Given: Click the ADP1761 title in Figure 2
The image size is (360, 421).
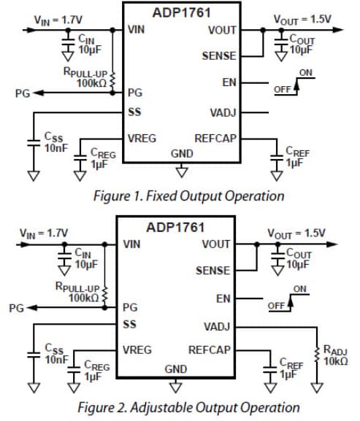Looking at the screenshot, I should [175, 227].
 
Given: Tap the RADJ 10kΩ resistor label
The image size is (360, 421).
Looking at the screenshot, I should [335, 355].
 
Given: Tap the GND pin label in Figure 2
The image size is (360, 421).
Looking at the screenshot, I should [175, 369].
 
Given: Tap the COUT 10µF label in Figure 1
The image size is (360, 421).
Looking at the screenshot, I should [301, 45].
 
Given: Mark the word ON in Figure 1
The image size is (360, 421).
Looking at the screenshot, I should [307, 73].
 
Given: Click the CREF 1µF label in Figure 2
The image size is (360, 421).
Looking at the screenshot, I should [292, 368].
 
